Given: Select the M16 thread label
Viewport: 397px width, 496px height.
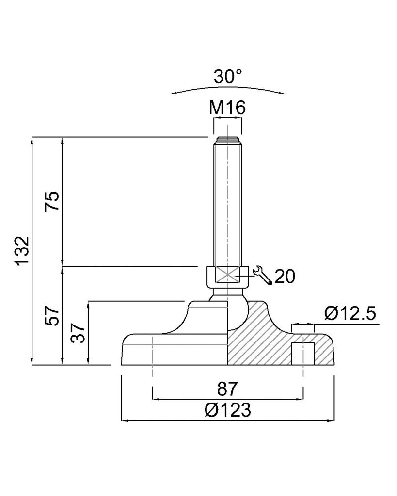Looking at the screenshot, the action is [227, 108].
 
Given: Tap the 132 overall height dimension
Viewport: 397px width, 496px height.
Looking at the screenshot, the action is [23, 250].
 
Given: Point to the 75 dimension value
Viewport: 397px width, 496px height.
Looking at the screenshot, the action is [52, 201].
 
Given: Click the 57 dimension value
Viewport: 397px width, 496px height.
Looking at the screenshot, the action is [52, 316].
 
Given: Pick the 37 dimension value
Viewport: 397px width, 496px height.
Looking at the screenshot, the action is [78, 333].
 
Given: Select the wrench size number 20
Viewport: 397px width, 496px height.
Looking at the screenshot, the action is [285, 277].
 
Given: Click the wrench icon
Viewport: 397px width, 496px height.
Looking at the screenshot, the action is [262, 275].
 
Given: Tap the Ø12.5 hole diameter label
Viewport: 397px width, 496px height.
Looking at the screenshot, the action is [350, 313].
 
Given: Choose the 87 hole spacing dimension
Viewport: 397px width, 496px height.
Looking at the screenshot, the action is [227, 389].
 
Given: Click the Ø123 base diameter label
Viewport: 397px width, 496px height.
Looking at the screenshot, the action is [228, 410].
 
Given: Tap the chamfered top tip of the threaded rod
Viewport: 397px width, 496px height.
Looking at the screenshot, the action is [228, 140].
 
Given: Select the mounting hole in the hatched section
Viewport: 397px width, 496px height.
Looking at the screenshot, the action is [303, 353].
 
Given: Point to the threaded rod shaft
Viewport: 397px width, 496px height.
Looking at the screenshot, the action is [228, 202].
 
